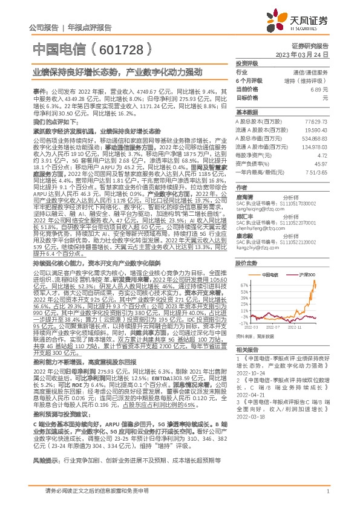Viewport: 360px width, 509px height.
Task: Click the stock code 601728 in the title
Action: pyautogui.click(x=116, y=47)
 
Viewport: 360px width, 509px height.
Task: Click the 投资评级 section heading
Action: pyautogui.click(x=247, y=63)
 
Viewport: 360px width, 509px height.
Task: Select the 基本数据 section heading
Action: pyautogui.click(x=247, y=112)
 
